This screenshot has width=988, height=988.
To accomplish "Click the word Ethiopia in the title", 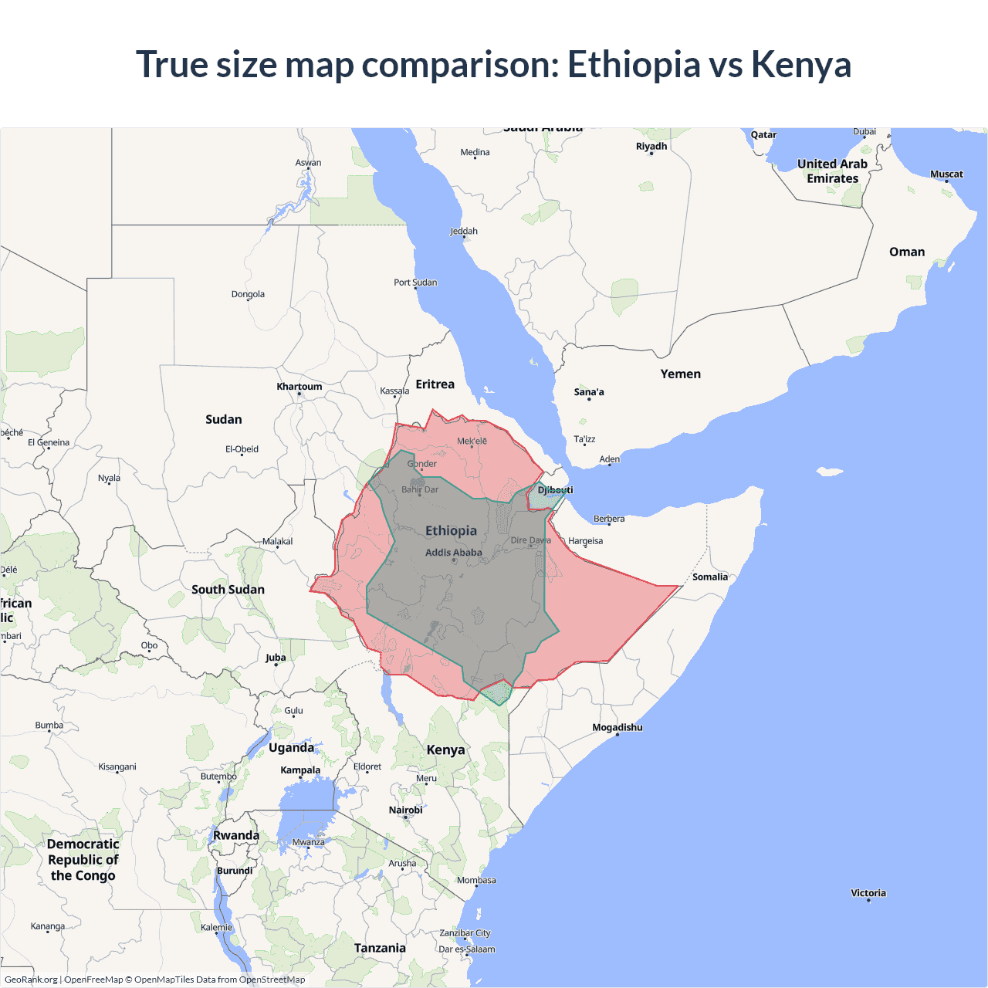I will click(633, 65).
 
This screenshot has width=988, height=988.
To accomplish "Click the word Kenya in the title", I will click(800, 65).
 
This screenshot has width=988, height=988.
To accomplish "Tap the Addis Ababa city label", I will click(453, 553).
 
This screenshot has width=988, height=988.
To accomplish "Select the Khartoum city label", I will click(299, 387).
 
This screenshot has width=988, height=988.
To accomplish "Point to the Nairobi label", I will click(405, 810).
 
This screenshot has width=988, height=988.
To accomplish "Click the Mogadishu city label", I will click(617, 727).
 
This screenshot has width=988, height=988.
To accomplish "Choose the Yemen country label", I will click(680, 374).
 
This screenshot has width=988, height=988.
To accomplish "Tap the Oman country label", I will click(906, 252).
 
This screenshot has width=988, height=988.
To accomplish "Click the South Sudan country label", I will click(228, 589).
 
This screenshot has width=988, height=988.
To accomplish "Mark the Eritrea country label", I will click(435, 384).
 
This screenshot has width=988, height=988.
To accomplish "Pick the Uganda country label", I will click(291, 747).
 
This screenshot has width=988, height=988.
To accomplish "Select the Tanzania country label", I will click(380, 948).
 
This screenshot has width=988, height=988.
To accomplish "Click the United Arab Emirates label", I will click(832, 171).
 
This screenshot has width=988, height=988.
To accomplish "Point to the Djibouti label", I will click(555, 490).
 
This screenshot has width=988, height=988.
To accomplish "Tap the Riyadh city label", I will click(651, 146).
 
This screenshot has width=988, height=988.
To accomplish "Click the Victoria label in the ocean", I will click(868, 893).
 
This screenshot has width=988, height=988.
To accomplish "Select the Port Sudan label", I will click(415, 283).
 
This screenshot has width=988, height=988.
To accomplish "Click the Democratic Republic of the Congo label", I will click(83, 859).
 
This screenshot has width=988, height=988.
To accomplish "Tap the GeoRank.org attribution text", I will click(31, 980).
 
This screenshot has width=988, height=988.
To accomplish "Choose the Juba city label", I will click(276, 658).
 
